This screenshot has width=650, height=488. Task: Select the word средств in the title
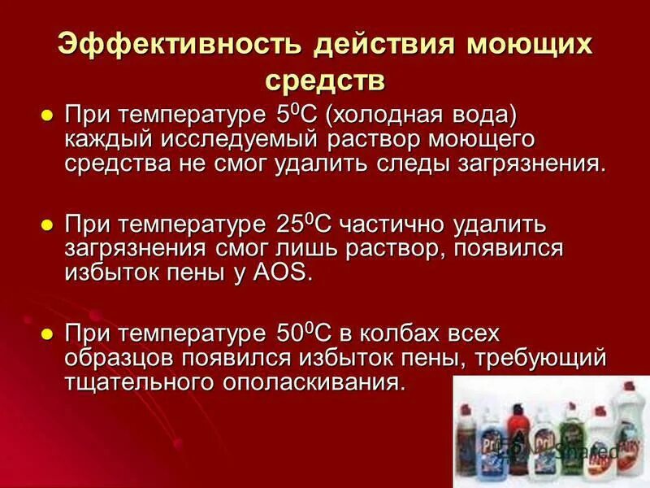point(324,80)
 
